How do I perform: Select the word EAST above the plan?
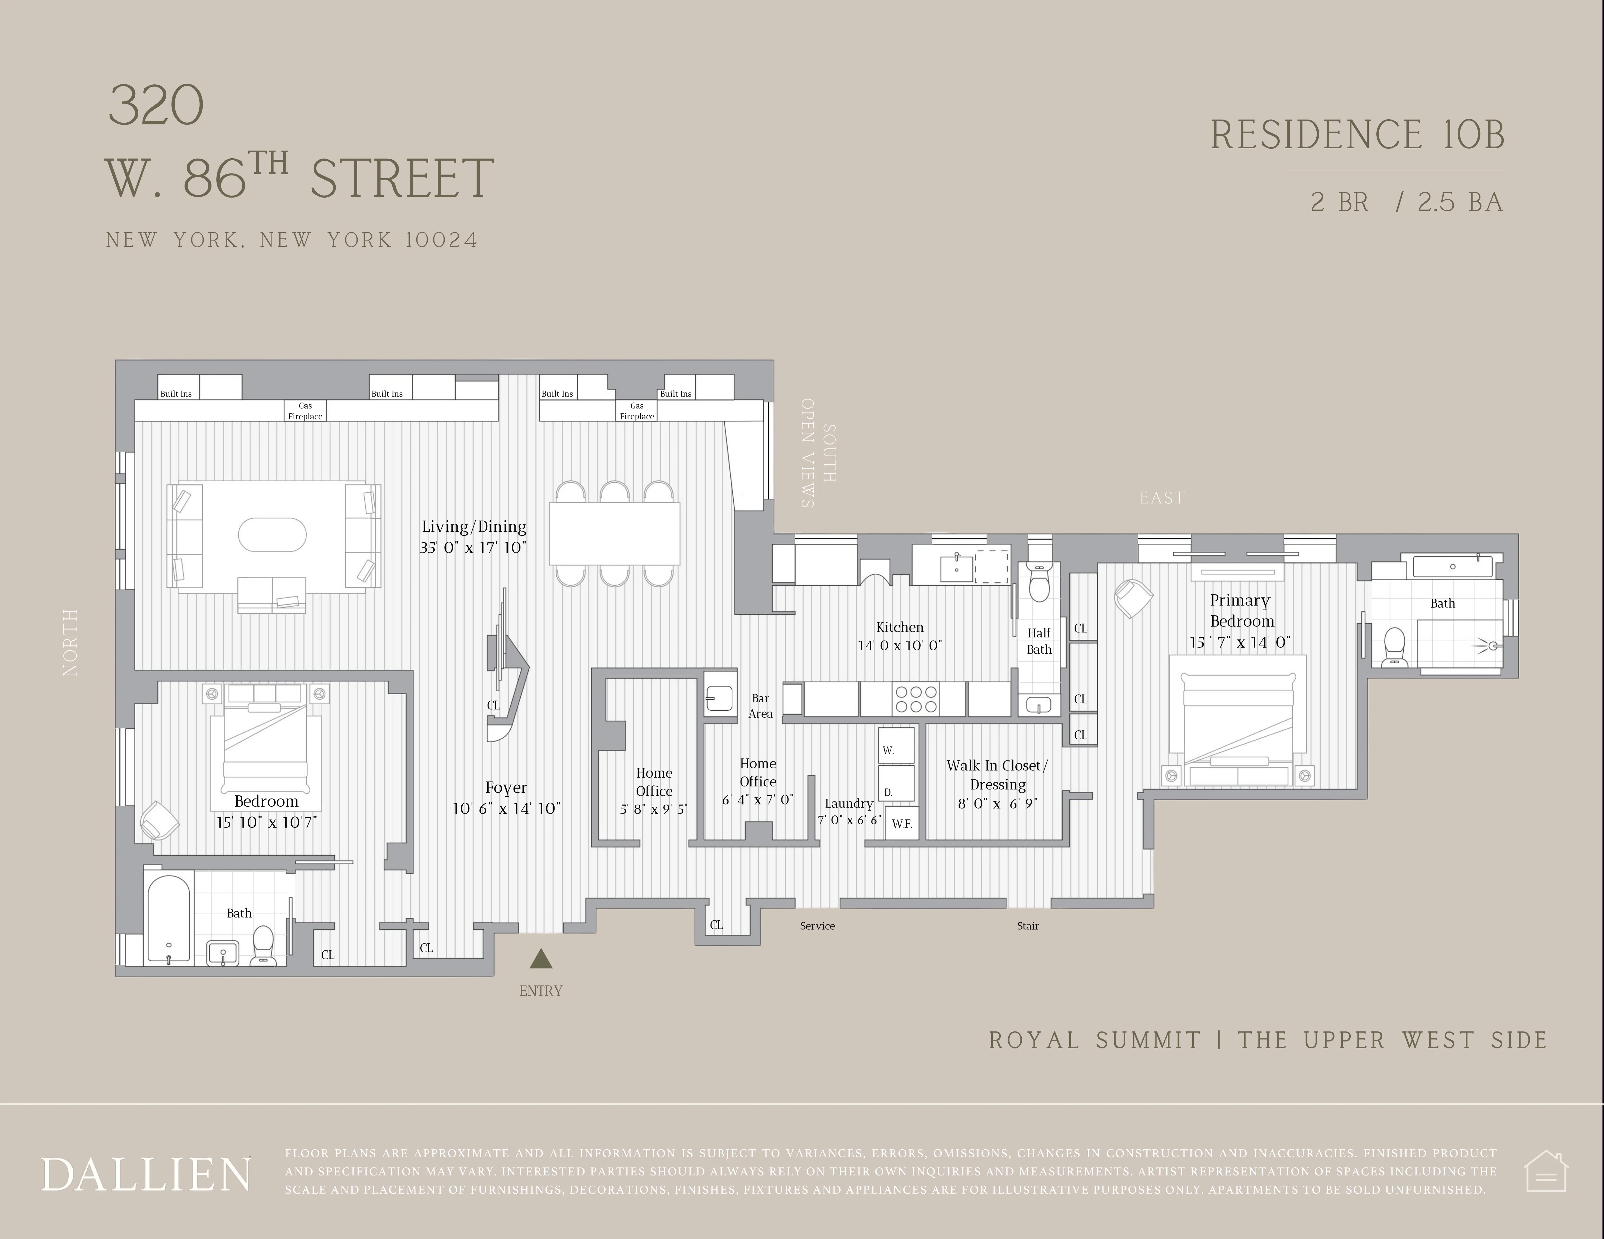pos(1162,498)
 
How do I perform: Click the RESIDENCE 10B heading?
pos(1357,135)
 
